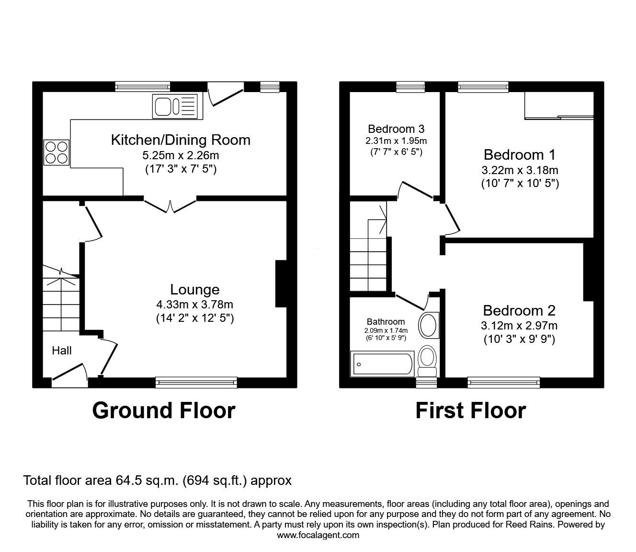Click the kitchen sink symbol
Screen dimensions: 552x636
(175, 106)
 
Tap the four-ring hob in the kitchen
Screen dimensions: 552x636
(57, 152)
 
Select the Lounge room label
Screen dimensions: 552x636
(194, 289)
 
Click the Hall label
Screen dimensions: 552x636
(62, 351)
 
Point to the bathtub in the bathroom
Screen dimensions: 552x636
(382, 364)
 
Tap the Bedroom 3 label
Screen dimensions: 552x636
(396, 129)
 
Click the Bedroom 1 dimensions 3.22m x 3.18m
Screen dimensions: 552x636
(520, 170)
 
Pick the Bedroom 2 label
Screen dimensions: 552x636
(519, 310)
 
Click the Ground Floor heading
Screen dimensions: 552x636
(163, 411)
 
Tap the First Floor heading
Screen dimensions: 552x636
(470, 411)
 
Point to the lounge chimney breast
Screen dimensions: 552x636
(281, 283)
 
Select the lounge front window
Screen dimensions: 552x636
(196, 382)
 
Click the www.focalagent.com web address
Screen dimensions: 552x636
(318, 535)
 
